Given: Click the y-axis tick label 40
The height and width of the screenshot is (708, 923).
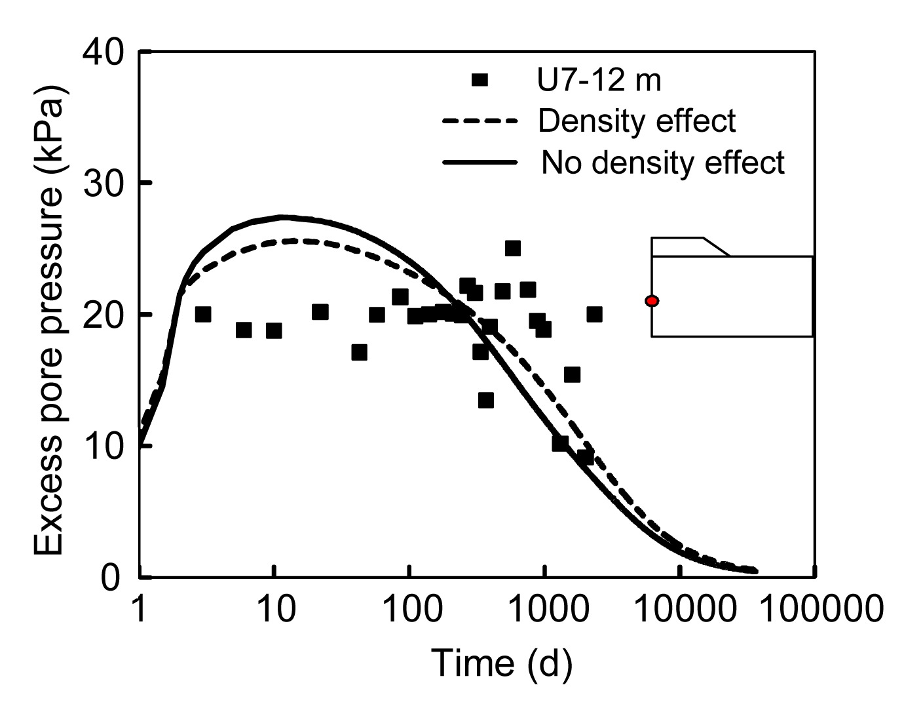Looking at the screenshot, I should (x=104, y=52).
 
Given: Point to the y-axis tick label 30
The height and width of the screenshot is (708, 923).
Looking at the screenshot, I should (x=104, y=184).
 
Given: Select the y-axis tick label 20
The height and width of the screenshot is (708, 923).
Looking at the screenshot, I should (x=104, y=315).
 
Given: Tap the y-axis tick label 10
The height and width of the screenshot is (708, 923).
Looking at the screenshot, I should (x=104, y=446).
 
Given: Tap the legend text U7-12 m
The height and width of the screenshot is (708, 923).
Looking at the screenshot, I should (x=595, y=80).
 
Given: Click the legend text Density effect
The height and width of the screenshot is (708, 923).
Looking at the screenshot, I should (x=637, y=121).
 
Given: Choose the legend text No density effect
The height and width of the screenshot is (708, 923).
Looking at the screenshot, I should (x=663, y=162).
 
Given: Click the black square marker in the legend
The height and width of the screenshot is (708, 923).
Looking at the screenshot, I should (x=480, y=80).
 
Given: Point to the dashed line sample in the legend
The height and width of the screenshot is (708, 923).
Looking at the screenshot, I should (x=480, y=121).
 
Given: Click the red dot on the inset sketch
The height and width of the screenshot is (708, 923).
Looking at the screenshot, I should (x=652, y=301).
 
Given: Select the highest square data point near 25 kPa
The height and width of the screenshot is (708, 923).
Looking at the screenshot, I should (x=512, y=248).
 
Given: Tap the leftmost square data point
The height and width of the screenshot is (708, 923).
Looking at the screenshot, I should (x=203, y=315).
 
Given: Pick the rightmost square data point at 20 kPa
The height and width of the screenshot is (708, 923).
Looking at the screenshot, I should (x=594, y=315).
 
